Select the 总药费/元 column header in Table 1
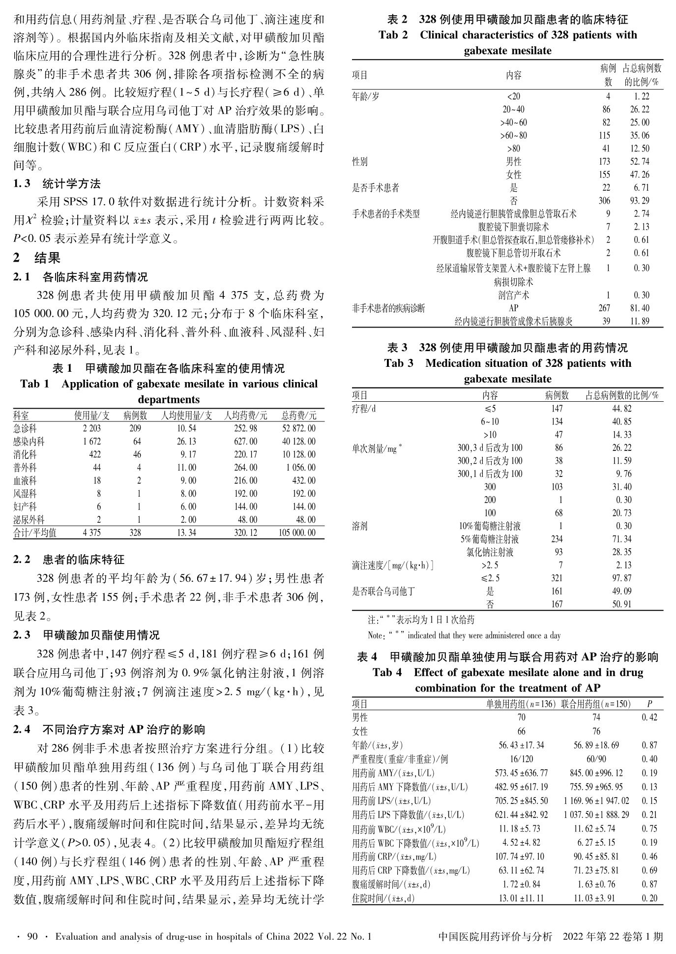click(x=299, y=416)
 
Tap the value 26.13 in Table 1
click(x=186, y=442)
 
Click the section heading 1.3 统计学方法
click(x=57, y=184)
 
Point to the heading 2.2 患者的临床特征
click(x=69, y=560)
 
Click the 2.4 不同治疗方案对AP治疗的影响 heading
click(x=109, y=729)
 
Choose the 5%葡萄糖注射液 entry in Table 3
click(x=490, y=539)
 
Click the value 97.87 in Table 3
click(x=621, y=578)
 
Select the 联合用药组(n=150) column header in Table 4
click(x=596, y=704)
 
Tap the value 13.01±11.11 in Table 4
click(x=521, y=898)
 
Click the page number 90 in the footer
click(x=32, y=937)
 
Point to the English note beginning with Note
click(x=464, y=635)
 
